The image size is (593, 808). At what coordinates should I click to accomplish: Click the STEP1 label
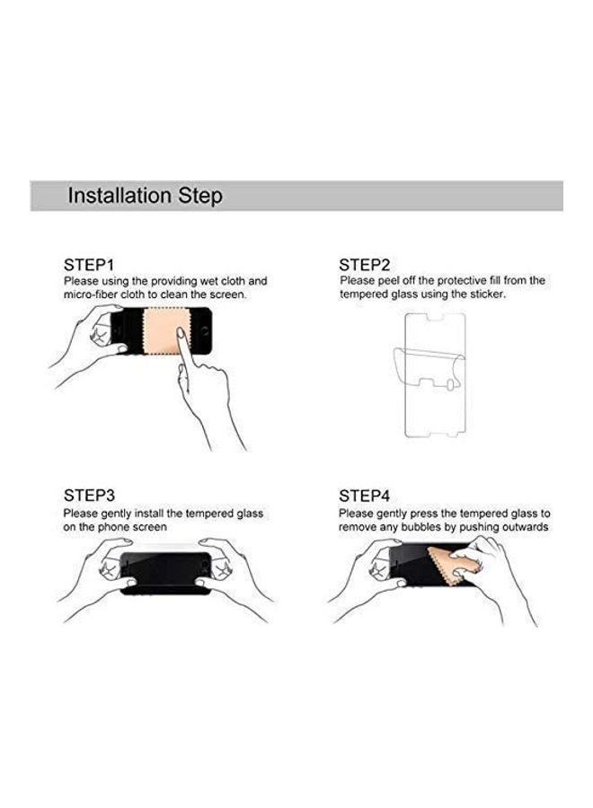(x=89, y=265)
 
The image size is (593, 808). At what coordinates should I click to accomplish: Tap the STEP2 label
(x=364, y=265)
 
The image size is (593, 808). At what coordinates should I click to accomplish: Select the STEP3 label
(x=89, y=496)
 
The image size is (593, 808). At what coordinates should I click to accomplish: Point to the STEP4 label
(x=364, y=496)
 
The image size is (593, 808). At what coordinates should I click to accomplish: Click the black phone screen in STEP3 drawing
(x=166, y=572)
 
